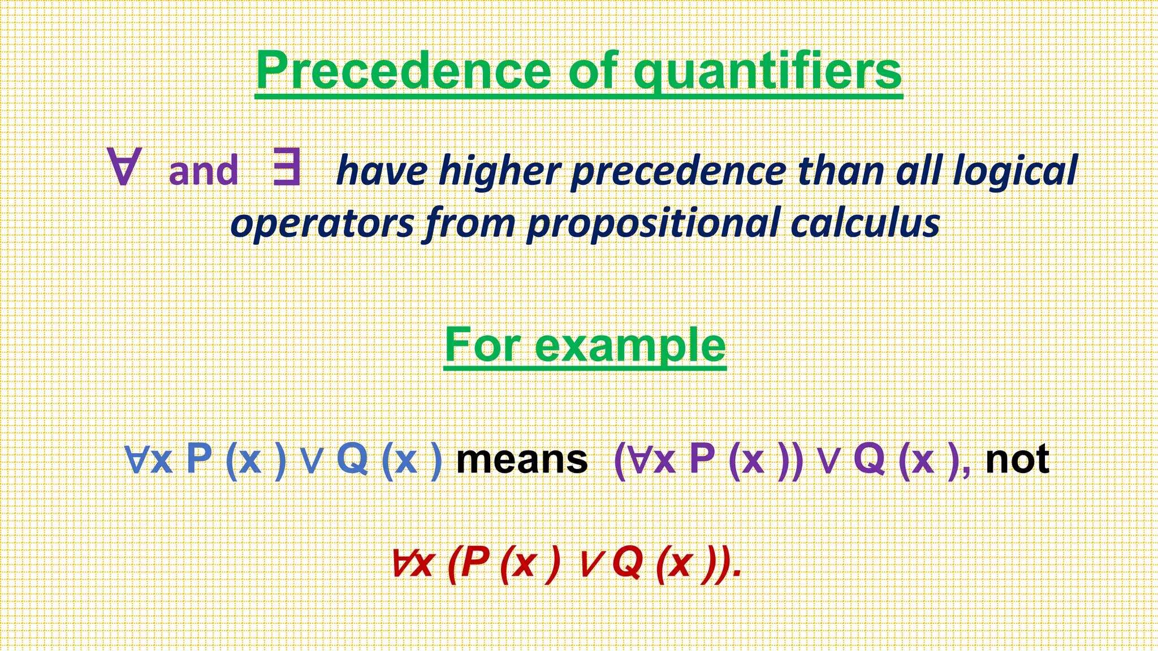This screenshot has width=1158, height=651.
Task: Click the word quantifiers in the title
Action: click(x=767, y=72)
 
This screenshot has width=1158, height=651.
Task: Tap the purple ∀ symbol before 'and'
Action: click(x=123, y=167)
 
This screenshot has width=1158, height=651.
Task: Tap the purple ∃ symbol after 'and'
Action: click(x=286, y=167)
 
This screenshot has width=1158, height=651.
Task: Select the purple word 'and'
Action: click(x=204, y=172)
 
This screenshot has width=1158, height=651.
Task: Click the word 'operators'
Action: click(x=322, y=224)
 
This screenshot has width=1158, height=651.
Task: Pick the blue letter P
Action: click(x=198, y=458)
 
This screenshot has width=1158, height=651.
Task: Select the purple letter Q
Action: click(x=869, y=458)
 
